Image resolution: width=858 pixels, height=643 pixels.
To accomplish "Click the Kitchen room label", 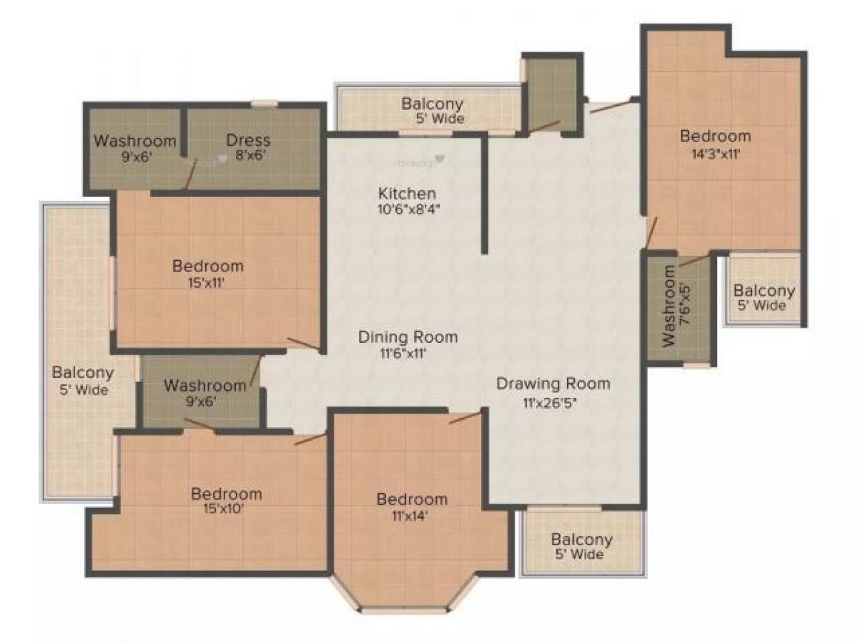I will [407, 194].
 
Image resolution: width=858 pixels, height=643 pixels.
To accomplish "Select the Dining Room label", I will [408, 337].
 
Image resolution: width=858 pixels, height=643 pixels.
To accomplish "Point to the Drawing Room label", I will [553, 384].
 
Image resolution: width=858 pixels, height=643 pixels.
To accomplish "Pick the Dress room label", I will [248, 140].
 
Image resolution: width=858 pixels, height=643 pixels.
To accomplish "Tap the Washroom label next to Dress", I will [134, 140].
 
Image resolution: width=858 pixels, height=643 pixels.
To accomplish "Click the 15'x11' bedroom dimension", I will [207, 282].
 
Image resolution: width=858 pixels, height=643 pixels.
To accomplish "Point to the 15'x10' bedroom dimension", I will [226, 509].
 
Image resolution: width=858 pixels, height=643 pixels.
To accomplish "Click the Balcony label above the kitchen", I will [432, 104].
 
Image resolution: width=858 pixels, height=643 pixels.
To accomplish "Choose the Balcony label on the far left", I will [83, 373].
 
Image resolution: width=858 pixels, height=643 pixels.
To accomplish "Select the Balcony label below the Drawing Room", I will [581, 539].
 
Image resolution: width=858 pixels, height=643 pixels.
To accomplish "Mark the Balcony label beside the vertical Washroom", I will [764, 291].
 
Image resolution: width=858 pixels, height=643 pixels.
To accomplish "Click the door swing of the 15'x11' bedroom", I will [303, 344].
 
